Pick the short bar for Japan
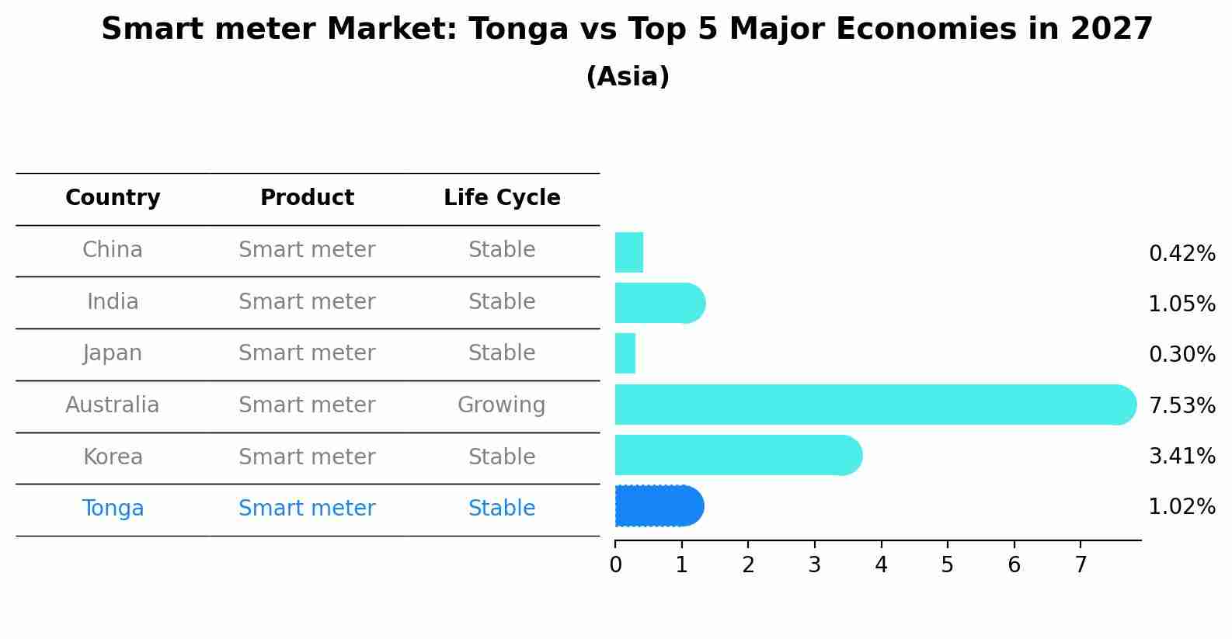point(625,353)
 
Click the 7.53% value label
point(1182,405)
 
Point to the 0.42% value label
point(1182,254)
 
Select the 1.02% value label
point(1182,507)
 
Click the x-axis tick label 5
point(947,565)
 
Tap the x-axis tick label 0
point(615,565)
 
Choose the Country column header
point(113,198)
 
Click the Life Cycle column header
point(502,198)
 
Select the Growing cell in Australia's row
point(502,405)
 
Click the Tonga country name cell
point(113,509)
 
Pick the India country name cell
point(113,302)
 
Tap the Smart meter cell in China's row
point(307,250)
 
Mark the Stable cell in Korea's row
point(502,457)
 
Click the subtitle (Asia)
point(628,77)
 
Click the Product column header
point(307,198)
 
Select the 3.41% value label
point(1182,457)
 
